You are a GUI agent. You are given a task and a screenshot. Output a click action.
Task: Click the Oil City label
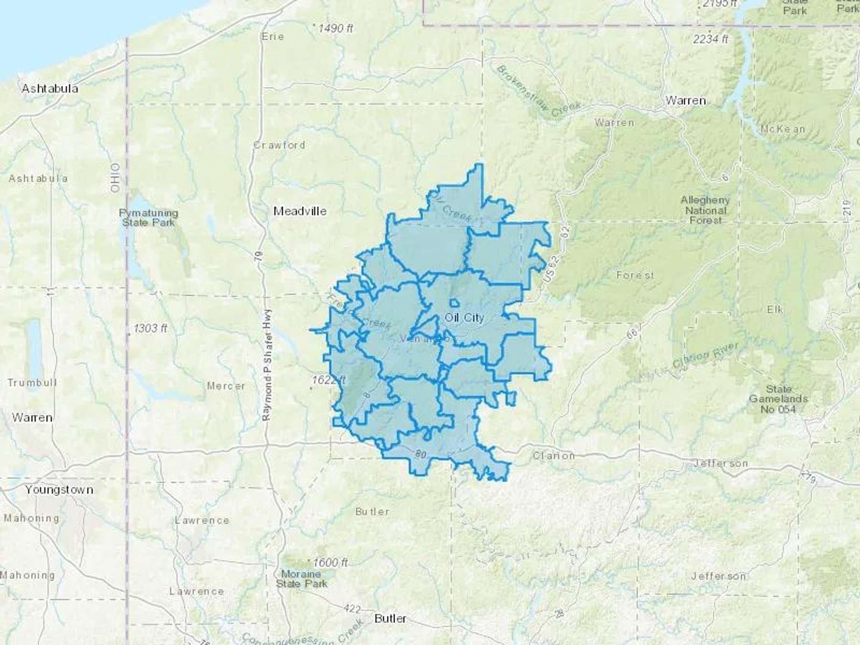464,318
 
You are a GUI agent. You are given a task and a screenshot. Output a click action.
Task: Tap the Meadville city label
300,211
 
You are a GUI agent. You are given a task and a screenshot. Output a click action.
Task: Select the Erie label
273,37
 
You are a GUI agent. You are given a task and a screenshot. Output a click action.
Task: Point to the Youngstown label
59,490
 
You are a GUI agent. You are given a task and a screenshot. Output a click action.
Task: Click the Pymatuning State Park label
149,218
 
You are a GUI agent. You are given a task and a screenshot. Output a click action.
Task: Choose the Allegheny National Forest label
705,210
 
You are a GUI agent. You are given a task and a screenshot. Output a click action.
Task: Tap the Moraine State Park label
301,579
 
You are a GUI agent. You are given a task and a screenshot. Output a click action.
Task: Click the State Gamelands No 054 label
779,399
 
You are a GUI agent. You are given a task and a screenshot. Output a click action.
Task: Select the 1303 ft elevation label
150,329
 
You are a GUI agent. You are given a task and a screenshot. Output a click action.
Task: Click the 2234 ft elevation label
711,39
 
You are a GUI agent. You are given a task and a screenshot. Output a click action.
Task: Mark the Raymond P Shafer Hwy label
268,365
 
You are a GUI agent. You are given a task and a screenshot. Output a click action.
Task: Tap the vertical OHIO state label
115,178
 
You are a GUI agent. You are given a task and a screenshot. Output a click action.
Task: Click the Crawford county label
279,145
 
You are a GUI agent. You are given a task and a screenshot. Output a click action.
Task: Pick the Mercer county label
226,386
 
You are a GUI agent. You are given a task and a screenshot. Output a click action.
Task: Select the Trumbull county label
32,383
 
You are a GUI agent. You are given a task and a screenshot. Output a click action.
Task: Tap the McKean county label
783,129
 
